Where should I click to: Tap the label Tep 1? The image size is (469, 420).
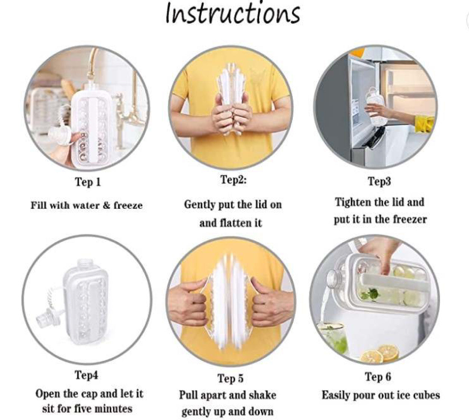[88, 182]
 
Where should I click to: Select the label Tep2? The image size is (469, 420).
[233, 180]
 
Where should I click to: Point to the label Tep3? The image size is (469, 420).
[379, 181]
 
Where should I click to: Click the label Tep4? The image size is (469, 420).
[86, 374]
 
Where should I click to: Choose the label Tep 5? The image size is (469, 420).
[230, 378]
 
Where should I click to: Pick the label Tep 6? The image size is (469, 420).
[378, 376]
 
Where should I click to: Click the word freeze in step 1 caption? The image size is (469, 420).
[128, 205]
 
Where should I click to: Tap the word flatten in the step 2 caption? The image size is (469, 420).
[236, 223]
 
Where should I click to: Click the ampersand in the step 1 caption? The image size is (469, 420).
[106, 205]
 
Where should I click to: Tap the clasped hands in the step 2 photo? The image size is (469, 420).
[232, 115]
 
